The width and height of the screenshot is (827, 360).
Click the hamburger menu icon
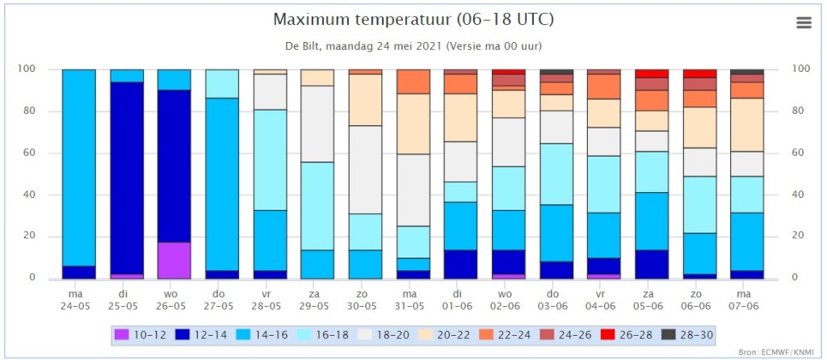[804, 23]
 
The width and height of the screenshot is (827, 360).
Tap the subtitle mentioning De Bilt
[413, 46]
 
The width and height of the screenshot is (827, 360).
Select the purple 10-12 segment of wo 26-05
[174, 261]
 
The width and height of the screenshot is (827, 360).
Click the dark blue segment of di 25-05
[127, 178]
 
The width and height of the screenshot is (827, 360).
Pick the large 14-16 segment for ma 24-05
[78, 168]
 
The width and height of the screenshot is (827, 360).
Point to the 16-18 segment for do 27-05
[222, 84]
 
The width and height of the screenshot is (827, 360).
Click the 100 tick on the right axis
[800, 69]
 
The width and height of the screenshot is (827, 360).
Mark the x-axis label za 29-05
[317, 299]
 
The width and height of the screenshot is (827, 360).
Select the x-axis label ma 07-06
[747, 299]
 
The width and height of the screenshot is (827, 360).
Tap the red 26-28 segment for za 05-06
[652, 73]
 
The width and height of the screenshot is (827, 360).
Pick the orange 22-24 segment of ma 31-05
[413, 82]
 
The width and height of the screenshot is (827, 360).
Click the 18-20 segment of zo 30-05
[366, 170]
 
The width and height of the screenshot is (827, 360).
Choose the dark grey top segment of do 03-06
[556, 72]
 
